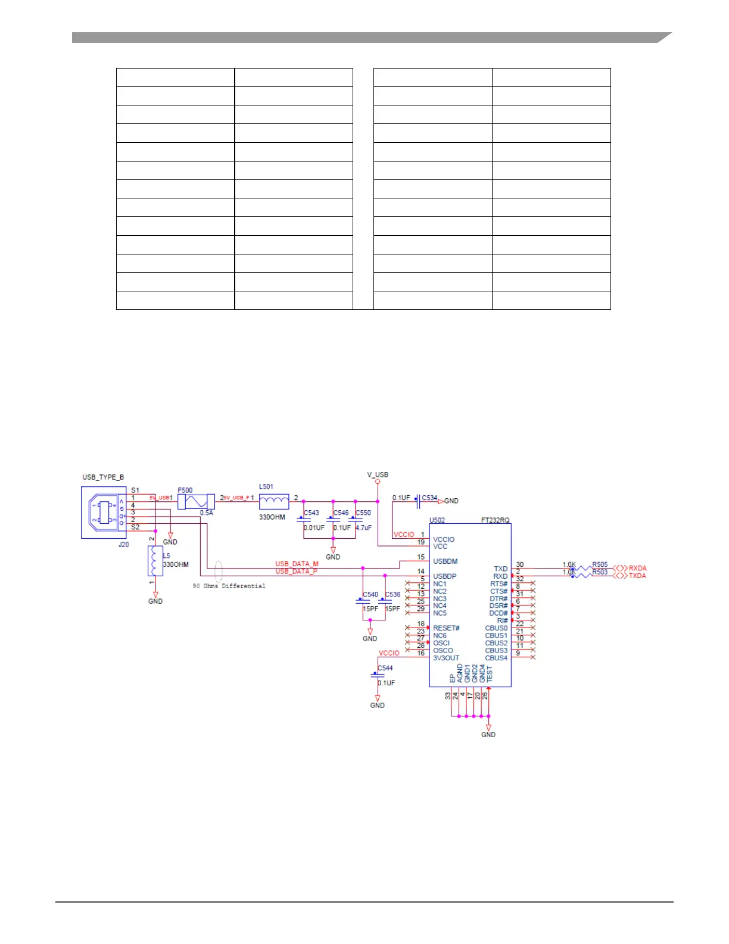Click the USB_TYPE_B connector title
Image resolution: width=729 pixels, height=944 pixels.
pyautogui.click(x=103, y=477)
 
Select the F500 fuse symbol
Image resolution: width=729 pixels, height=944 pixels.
pyautogui.click(x=196, y=501)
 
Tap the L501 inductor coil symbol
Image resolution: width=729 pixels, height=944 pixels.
pyautogui.click(x=274, y=501)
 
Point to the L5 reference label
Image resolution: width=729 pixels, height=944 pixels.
pyautogui.click(x=167, y=556)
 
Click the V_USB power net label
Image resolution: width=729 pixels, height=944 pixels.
pyautogui.click(x=378, y=475)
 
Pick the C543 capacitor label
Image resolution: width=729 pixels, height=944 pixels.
pyautogui.click(x=311, y=513)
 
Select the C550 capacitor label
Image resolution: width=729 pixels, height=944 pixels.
pyautogui.click(x=363, y=513)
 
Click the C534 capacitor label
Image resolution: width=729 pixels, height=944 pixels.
pyautogui.click(x=429, y=498)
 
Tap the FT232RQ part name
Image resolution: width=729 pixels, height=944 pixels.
pyautogui.click(x=496, y=520)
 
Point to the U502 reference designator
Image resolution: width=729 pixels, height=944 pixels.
pyautogui.click(x=437, y=520)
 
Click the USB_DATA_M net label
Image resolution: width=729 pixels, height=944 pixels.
pyautogui.click(x=297, y=564)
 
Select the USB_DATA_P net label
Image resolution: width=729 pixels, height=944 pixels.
pyautogui.click(x=296, y=572)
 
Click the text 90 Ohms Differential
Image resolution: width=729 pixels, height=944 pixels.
pyautogui.click(x=229, y=586)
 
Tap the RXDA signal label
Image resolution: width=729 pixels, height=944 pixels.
pyautogui.click(x=637, y=568)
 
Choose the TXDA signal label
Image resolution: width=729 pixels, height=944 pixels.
pyautogui.click(x=637, y=576)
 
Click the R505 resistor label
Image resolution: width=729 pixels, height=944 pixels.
pyautogui.click(x=600, y=564)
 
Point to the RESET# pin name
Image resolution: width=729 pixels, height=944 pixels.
pyautogui.click(x=446, y=628)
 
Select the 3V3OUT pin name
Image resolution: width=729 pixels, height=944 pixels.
pyautogui.click(x=446, y=659)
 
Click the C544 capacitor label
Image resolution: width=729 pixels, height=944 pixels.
pyautogui.click(x=385, y=668)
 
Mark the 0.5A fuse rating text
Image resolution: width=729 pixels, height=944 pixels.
pyautogui.click(x=207, y=513)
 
